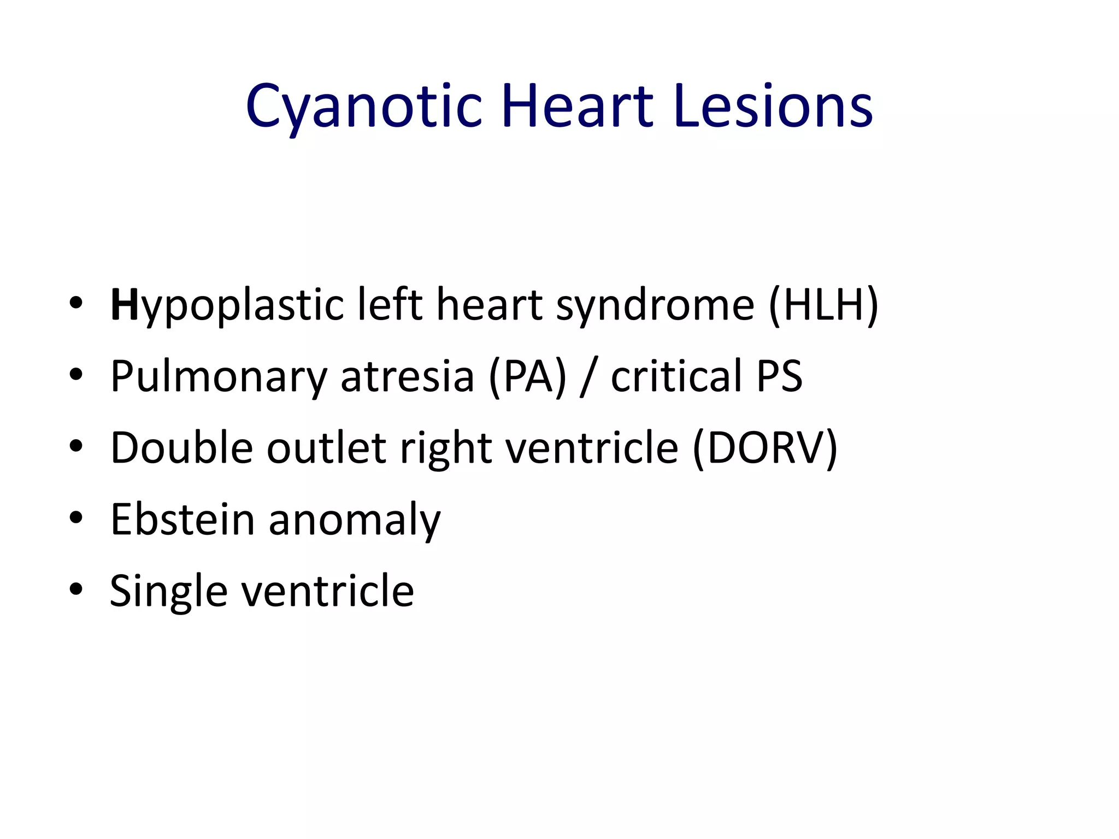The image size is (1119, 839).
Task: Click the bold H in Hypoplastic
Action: (124, 305)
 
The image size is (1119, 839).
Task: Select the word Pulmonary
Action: (219, 377)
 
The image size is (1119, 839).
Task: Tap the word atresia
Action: (407, 377)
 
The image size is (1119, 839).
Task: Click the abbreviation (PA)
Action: (528, 377)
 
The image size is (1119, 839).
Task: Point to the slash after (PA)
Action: (588, 377)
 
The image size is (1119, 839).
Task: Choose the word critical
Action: (676, 376)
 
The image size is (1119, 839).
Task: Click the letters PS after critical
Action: (779, 376)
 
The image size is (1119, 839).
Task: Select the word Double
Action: (182, 448)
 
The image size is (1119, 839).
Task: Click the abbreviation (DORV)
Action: (765, 448)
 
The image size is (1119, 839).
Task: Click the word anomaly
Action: (354, 521)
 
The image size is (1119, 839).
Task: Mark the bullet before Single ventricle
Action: (76, 589)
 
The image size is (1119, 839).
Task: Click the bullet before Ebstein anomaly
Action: (76, 518)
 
